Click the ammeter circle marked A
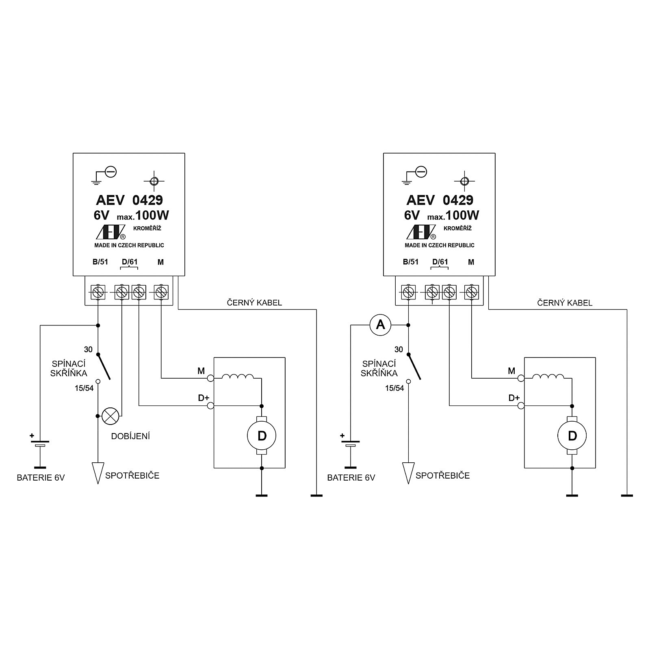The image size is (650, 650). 380,325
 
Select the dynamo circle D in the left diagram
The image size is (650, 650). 262,436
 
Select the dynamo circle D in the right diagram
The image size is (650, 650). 572,436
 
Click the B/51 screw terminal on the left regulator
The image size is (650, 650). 98,292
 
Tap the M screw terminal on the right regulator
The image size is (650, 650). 472,292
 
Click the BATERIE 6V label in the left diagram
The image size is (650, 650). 41,478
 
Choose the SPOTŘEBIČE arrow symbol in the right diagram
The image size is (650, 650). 408,473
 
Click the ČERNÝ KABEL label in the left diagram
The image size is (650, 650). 254,303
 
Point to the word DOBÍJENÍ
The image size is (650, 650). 131,436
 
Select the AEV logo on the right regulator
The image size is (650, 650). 421,232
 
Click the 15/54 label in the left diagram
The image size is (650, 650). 84,388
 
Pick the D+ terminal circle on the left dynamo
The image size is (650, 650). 210,405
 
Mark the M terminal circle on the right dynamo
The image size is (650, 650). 521,378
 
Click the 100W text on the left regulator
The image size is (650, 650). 152,215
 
